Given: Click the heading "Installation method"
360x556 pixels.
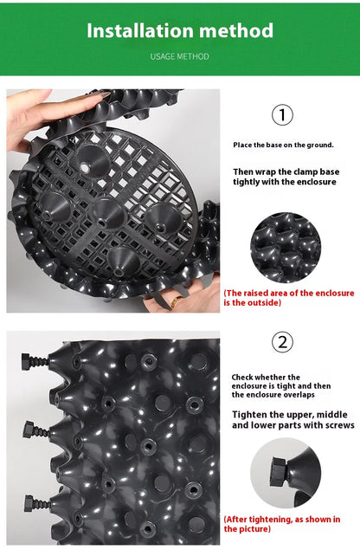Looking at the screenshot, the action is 180,30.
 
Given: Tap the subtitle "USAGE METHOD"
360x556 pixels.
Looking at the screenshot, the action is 180,56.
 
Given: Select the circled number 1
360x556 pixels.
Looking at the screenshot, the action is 282,114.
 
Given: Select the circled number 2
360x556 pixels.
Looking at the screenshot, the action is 282,342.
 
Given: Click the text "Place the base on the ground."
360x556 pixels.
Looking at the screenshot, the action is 284,145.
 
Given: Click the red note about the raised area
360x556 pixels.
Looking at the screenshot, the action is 289,298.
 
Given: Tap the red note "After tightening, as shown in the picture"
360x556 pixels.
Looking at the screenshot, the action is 282,524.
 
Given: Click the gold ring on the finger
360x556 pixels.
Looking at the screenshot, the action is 176,301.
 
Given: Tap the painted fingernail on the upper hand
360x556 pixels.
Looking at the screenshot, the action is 104,94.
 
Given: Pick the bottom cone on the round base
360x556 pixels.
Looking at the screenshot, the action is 123,261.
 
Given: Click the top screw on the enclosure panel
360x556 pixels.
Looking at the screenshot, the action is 35,362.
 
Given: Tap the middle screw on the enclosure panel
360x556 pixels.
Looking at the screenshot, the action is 36,430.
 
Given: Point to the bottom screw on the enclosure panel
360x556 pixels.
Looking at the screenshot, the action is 37,503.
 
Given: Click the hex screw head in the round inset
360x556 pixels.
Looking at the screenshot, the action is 278,472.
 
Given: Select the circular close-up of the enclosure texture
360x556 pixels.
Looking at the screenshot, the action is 286,248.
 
